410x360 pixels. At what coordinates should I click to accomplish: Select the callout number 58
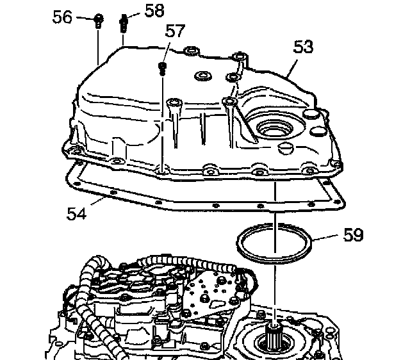(154, 10)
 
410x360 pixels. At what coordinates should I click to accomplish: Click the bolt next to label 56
(97, 21)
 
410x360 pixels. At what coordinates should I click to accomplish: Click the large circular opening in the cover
(272, 132)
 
